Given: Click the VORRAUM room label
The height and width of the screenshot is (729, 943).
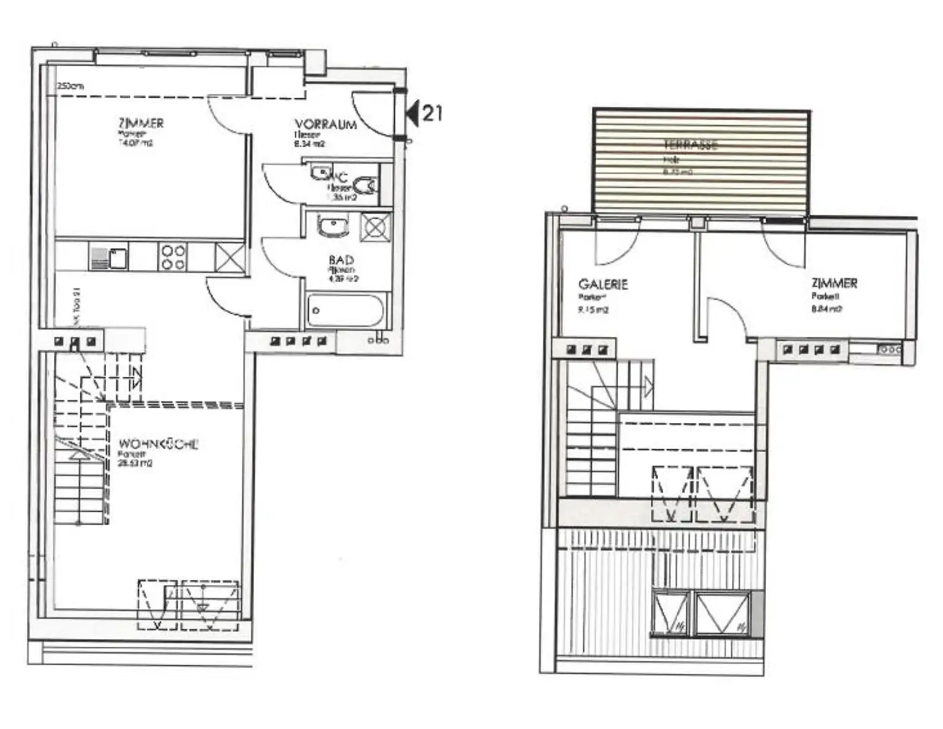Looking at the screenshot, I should [x=325, y=125].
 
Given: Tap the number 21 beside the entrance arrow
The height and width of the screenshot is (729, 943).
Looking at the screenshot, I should [x=432, y=114].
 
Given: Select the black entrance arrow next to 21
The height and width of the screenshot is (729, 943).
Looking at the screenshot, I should [x=413, y=114].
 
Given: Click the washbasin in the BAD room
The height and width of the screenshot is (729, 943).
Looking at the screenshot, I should [x=333, y=226].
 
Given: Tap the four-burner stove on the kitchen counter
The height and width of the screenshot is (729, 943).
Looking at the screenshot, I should [x=173, y=257].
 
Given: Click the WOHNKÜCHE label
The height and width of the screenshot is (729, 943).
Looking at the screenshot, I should [x=158, y=444].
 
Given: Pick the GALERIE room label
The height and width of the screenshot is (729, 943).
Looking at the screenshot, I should [x=603, y=285].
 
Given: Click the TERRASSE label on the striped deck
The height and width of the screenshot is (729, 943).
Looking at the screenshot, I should [x=690, y=145].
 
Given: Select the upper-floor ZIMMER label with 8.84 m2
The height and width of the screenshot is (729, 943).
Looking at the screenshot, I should [x=834, y=283].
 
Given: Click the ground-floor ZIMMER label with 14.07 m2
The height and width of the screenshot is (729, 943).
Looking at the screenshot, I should [x=141, y=123].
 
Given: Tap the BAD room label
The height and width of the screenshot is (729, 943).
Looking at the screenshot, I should [x=341, y=261].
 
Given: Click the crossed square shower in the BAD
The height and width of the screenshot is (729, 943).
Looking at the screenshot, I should [x=376, y=228].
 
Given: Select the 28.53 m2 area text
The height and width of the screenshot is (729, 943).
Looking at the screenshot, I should [x=135, y=464].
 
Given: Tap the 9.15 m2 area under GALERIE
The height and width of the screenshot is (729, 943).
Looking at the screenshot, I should [x=592, y=310].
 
